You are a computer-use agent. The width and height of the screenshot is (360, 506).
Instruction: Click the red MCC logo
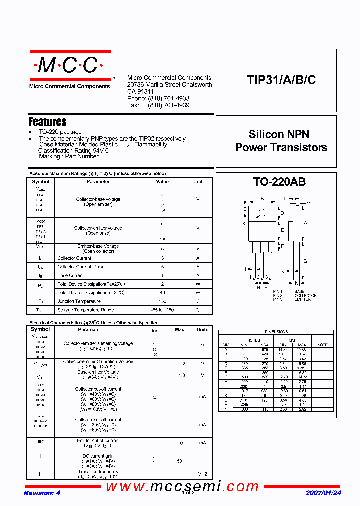point(69,65)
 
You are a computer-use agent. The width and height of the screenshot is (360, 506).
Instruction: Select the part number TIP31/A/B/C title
point(281,80)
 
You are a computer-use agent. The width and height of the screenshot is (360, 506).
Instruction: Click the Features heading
point(47,122)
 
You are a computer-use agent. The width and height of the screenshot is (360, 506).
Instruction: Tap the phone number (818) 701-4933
point(168,99)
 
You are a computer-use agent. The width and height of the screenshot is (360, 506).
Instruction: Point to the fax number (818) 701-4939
point(168,105)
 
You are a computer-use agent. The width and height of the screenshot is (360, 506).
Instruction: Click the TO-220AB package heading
point(279,182)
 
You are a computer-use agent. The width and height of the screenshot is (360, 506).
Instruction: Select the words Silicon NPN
point(279,134)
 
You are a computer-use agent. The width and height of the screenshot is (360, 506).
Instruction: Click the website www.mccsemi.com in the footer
point(182,486)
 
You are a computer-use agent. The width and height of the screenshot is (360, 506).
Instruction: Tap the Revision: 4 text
point(42,493)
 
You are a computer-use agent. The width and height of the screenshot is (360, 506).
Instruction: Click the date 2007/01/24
point(323,493)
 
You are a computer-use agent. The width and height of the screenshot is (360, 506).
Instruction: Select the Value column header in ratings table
point(162,182)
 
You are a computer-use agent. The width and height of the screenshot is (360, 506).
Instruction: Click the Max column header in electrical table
point(179,330)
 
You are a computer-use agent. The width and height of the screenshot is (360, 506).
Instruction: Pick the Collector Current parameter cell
point(74,258)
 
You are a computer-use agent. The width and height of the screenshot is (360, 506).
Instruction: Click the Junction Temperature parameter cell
point(79,301)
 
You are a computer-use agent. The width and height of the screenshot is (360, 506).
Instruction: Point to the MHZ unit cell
point(202,474)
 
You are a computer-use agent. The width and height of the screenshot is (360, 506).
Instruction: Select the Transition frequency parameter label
point(98,472)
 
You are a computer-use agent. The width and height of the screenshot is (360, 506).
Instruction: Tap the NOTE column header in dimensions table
point(322,345)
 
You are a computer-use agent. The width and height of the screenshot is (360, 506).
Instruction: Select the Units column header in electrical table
point(202,330)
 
